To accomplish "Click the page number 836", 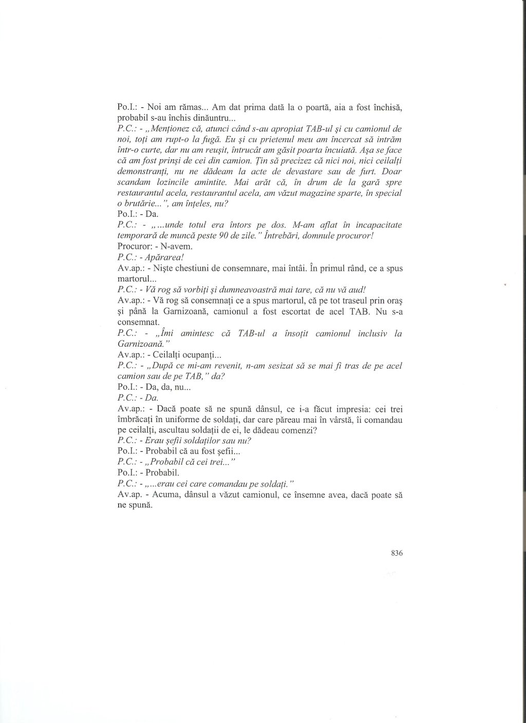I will [x=396, y=554].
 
